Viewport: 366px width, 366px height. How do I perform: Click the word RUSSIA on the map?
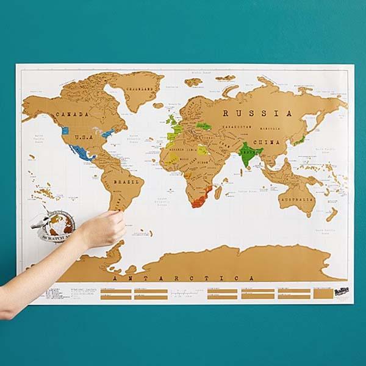click(257, 113)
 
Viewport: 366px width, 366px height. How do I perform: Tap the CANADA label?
click(72, 114)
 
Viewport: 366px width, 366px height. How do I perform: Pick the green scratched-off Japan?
click(300, 139)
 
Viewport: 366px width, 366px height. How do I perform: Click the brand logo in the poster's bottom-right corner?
click(343, 293)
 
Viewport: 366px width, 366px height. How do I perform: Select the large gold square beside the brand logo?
click(323, 293)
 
